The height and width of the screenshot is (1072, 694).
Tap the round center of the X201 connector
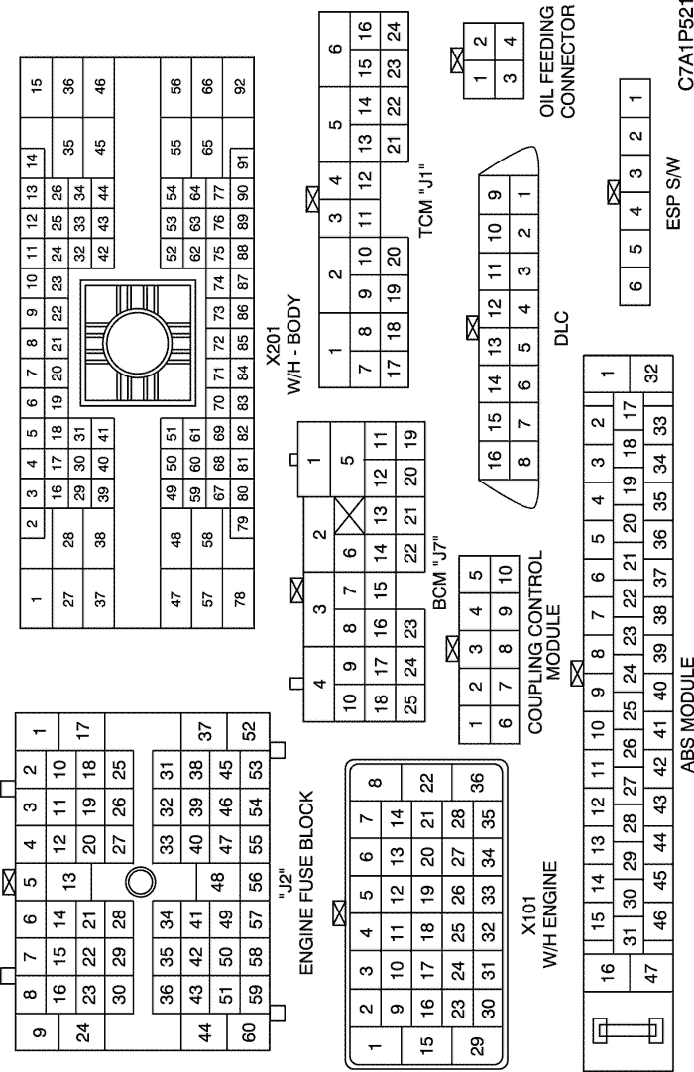pyautogui.click(x=137, y=341)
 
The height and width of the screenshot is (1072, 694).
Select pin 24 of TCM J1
pyautogui.click(x=394, y=30)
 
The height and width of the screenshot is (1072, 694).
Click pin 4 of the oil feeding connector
pyautogui.click(x=509, y=41)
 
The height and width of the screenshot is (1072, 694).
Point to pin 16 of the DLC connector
pyautogui.click(x=495, y=456)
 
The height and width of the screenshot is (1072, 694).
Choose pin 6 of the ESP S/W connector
pyautogui.click(x=636, y=285)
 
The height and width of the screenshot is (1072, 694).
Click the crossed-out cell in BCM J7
pyautogui.click(x=350, y=514)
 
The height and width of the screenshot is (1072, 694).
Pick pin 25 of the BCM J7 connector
pyautogui.click(x=409, y=703)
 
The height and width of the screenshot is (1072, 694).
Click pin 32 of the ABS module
pyautogui.click(x=651, y=373)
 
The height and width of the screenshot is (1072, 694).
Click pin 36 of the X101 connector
pyautogui.click(x=477, y=781)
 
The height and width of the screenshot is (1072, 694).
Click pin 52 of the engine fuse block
pyautogui.click(x=248, y=731)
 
